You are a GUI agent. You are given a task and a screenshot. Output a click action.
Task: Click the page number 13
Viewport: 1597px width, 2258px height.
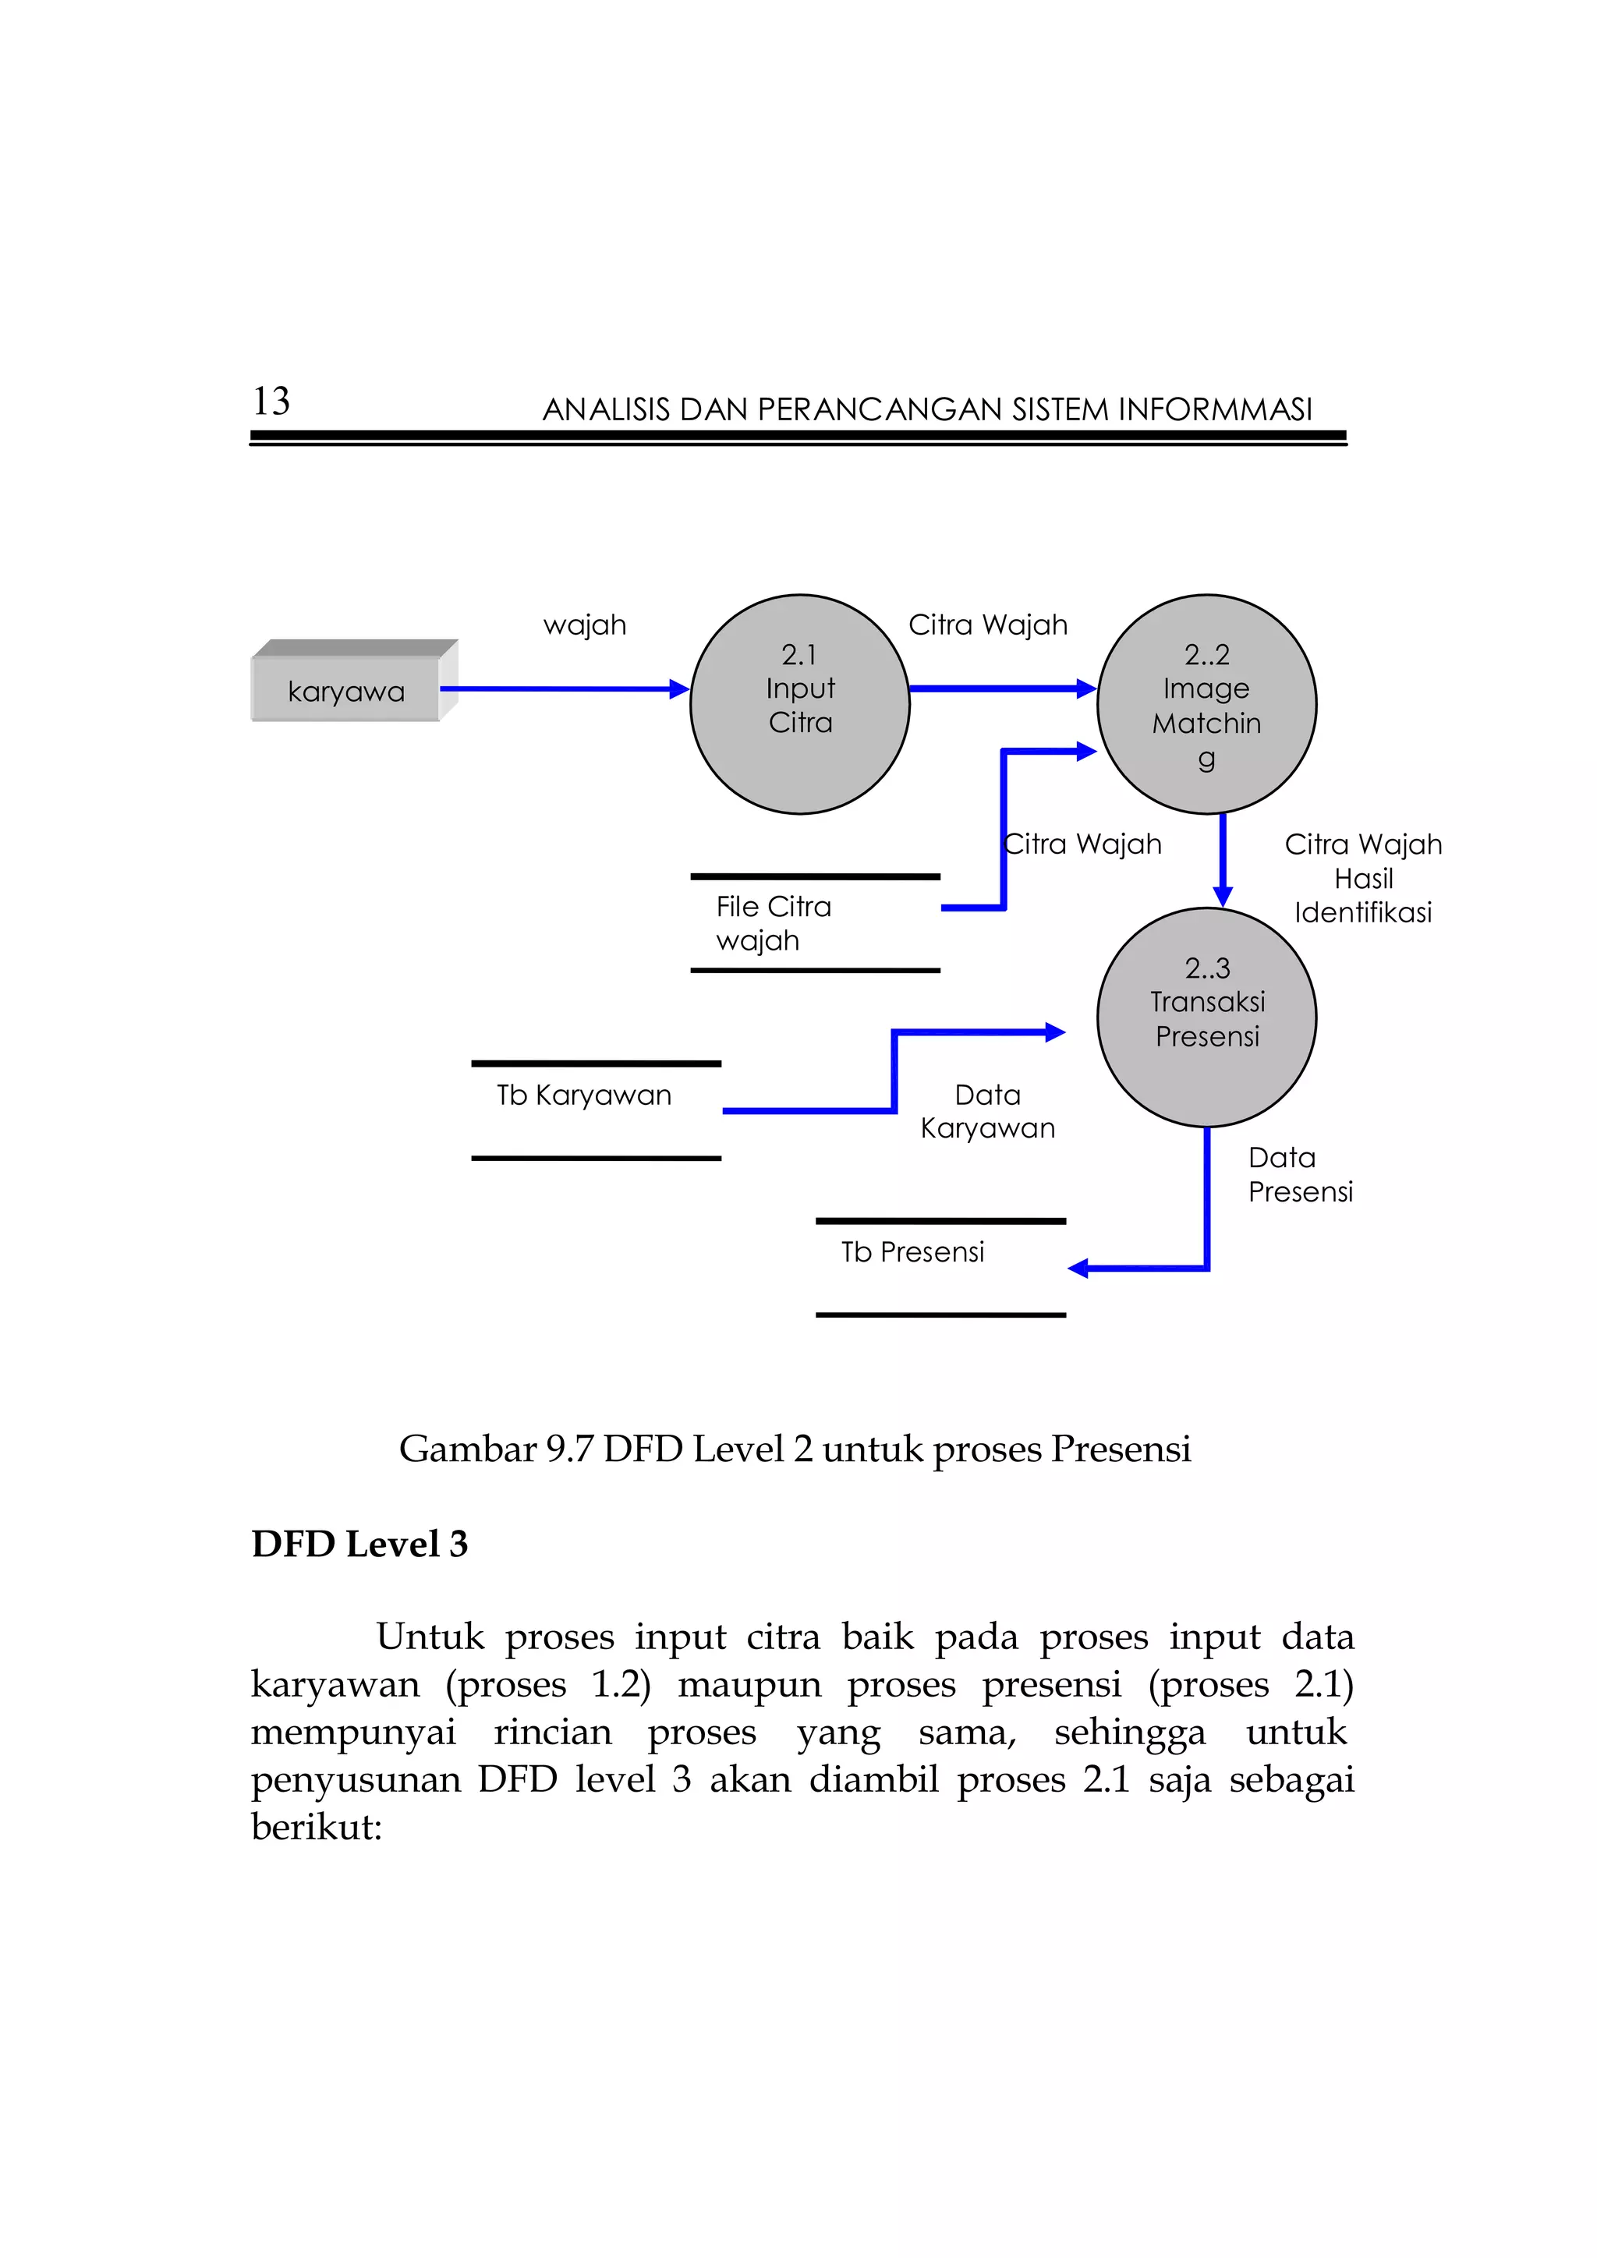pos(271,402)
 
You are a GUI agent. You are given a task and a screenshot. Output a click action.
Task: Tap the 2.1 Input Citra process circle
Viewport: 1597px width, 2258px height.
pos(799,703)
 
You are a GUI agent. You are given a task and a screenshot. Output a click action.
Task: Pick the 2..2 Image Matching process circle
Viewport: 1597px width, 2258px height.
pos(1206,703)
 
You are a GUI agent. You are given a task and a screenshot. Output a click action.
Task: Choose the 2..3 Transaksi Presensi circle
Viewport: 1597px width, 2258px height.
pos(1206,1017)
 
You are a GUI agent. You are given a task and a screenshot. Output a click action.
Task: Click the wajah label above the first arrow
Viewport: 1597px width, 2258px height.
pos(584,625)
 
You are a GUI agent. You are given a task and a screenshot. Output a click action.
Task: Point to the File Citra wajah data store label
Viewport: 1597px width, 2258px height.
pos(773,923)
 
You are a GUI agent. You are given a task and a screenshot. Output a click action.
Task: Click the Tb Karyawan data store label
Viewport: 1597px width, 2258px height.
pos(584,1095)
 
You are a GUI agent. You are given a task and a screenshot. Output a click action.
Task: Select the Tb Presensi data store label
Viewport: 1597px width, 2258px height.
pos(912,1252)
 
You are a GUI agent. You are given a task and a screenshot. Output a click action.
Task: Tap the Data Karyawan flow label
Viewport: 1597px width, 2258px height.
pos(987,1111)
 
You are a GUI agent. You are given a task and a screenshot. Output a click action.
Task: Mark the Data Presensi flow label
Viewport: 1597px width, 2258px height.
pos(1300,1174)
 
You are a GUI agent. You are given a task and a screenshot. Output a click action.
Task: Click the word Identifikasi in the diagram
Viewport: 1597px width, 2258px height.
pos(1363,913)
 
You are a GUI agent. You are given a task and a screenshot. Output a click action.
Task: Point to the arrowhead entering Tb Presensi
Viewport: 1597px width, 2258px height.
pos(1078,1269)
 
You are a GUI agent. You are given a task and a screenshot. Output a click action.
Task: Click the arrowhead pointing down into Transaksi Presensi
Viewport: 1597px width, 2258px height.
pos(1223,896)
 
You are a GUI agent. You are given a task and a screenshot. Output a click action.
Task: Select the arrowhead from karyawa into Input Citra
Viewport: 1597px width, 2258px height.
pos(679,689)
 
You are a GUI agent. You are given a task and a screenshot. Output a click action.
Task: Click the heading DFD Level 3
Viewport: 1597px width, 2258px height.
pos(360,1544)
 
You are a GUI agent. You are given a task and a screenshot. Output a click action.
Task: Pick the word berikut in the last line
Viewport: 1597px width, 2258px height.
pos(316,1828)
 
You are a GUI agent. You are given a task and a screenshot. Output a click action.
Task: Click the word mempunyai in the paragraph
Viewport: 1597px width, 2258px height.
pos(353,1732)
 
